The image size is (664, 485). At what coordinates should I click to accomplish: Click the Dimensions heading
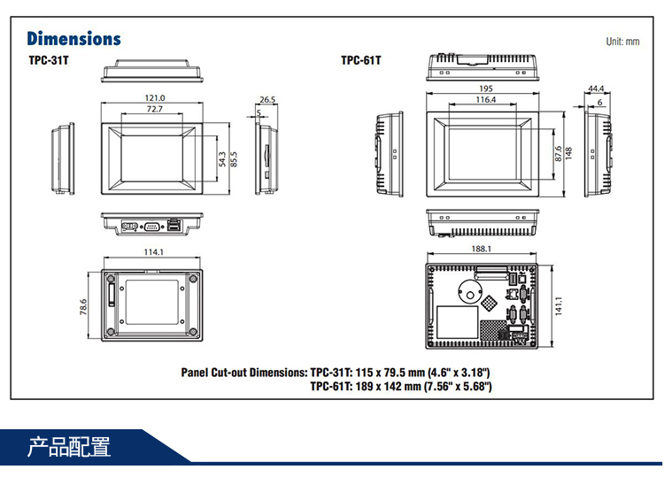coord(73,39)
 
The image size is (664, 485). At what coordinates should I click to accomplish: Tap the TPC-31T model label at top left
coord(48,61)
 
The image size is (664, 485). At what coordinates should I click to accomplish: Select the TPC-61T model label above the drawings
coord(360,61)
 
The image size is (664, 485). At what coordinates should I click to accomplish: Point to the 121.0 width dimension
coord(154,97)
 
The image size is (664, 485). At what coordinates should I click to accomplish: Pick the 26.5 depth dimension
coord(267,99)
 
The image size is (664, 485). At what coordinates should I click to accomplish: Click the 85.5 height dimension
coord(234,158)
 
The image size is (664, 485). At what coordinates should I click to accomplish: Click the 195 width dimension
coord(486,89)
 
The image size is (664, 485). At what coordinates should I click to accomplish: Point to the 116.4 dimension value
coord(486,100)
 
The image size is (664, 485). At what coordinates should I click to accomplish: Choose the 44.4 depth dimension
coord(596,89)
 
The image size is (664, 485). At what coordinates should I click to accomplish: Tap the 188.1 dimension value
coord(482,250)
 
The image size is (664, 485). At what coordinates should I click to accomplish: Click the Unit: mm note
coord(622,42)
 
